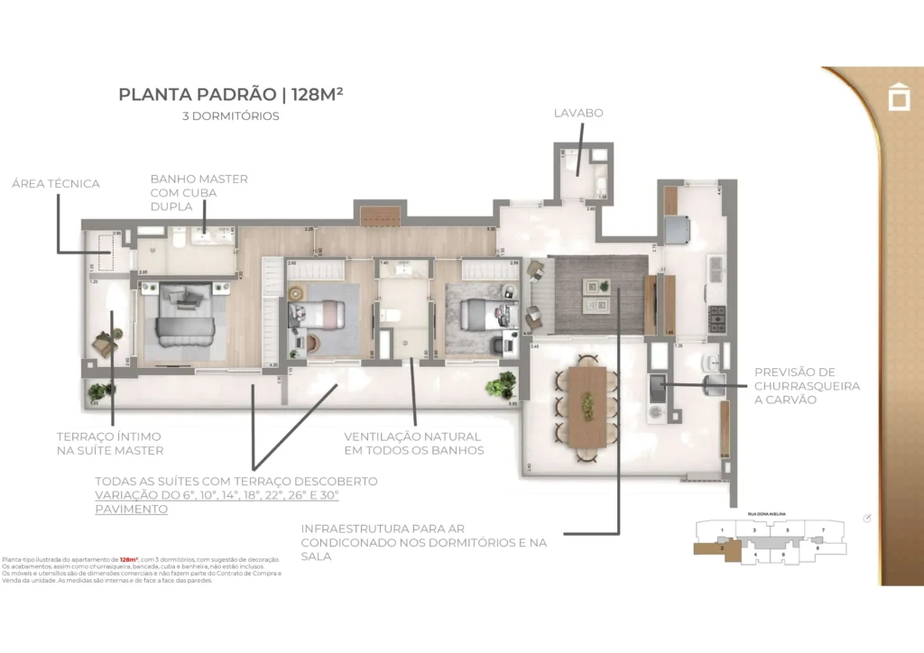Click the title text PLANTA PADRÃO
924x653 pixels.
pos(198,95)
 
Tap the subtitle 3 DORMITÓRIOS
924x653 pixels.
pos(230,116)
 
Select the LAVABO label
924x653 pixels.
pos(577,114)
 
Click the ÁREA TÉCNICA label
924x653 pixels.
pos(55,184)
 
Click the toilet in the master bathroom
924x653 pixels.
pos(179,239)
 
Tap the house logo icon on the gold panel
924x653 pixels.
pos(899,97)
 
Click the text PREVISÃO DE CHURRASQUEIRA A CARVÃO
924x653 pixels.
pos(807,386)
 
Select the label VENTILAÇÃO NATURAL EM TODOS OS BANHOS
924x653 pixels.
pos(413,444)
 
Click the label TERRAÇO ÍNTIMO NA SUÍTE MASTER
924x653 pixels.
pos(110,444)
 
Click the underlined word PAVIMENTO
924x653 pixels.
pos(131,509)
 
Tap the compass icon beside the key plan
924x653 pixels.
pos(866,519)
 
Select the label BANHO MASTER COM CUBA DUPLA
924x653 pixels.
pos(199,192)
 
